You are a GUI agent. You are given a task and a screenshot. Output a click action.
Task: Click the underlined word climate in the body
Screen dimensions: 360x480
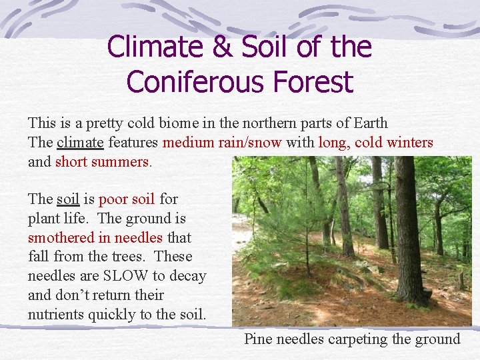pyautogui.click(x=80, y=143)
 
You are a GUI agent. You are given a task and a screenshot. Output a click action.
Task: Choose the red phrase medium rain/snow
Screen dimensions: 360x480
pyautogui.click(x=222, y=143)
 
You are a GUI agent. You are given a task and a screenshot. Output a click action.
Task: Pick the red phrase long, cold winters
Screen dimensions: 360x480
pyautogui.click(x=375, y=143)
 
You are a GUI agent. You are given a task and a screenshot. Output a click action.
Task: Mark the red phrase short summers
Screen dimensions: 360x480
pyautogui.click(x=102, y=162)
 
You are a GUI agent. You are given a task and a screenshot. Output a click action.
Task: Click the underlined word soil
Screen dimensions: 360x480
pyautogui.click(x=67, y=199)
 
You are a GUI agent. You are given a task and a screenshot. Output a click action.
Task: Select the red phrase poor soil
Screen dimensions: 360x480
pyautogui.click(x=127, y=199)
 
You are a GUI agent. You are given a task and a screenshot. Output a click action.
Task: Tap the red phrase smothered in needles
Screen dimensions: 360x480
pyautogui.click(x=95, y=238)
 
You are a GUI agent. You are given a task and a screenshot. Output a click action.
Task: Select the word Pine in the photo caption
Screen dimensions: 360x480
pyautogui.click(x=258, y=339)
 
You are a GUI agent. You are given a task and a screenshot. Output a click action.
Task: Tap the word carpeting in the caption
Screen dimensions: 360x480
pyautogui.click(x=364, y=339)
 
